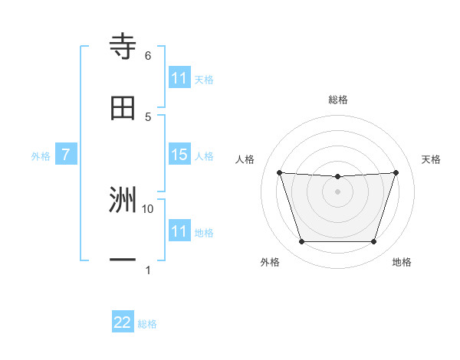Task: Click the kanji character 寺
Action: click(123, 47)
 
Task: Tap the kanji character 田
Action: click(123, 108)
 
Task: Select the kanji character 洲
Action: click(123, 201)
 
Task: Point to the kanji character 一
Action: click(123, 260)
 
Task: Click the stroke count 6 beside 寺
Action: click(147, 56)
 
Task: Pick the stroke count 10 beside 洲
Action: click(148, 208)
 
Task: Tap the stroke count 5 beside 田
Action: click(147, 116)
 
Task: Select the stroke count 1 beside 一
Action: click(147, 270)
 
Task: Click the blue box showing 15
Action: click(179, 155)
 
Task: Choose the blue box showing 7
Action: click(66, 155)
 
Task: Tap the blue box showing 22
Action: click(123, 322)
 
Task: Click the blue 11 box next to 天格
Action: click(179, 78)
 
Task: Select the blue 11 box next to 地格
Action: click(179, 231)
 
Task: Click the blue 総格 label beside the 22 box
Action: click(147, 324)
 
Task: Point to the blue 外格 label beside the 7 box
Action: click(41, 156)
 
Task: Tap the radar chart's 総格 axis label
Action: click(337, 100)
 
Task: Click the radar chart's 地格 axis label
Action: click(402, 263)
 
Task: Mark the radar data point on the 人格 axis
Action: click(280, 172)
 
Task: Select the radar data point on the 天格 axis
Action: click(396, 172)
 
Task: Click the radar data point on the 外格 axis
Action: click(301, 242)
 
